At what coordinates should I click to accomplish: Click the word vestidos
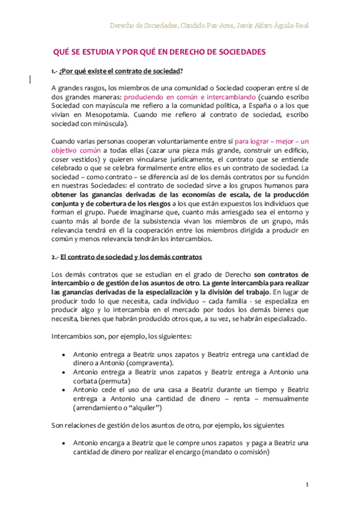click(85, 159)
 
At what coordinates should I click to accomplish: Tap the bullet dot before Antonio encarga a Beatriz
click(64, 443)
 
